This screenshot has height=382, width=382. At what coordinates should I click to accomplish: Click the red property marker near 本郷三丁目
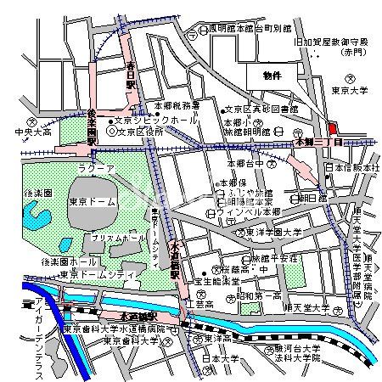pos(332,128)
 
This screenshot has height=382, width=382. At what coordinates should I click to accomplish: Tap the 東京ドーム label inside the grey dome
pos(88,202)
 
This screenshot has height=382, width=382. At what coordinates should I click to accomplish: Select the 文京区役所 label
pos(139,132)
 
